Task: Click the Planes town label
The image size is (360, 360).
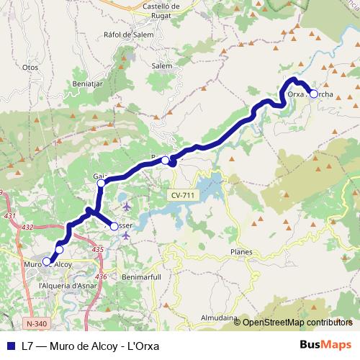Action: click(240, 252)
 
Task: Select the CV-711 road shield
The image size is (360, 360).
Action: click(184, 196)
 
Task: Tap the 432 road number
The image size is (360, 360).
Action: click(28, 228)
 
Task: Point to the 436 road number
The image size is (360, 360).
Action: click(101, 276)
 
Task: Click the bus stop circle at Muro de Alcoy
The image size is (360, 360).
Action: click(48, 261)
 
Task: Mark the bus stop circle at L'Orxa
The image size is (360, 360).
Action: click(313, 94)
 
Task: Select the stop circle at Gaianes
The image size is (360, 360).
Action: click(101, 183)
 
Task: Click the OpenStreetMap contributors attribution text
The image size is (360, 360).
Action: click(297, 323)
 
